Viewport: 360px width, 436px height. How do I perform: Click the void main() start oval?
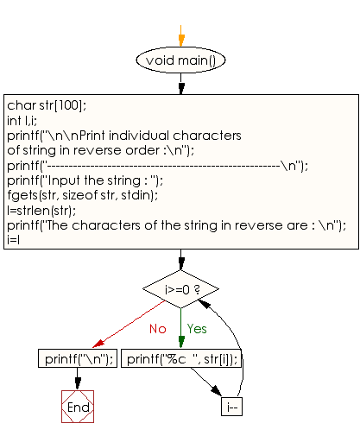(180, 60)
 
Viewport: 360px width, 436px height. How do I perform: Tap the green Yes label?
(198, 328)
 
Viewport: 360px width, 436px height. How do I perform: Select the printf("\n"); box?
(78, 359)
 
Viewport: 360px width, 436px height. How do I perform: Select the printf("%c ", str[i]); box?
(180, 359)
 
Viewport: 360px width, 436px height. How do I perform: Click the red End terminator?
(78, 406)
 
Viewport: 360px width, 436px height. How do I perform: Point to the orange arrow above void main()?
(180, 35)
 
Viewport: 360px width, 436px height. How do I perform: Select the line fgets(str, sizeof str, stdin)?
(82, 195)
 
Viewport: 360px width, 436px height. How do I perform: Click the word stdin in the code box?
(139, 195)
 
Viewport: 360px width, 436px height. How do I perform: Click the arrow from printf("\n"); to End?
(78, 380)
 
